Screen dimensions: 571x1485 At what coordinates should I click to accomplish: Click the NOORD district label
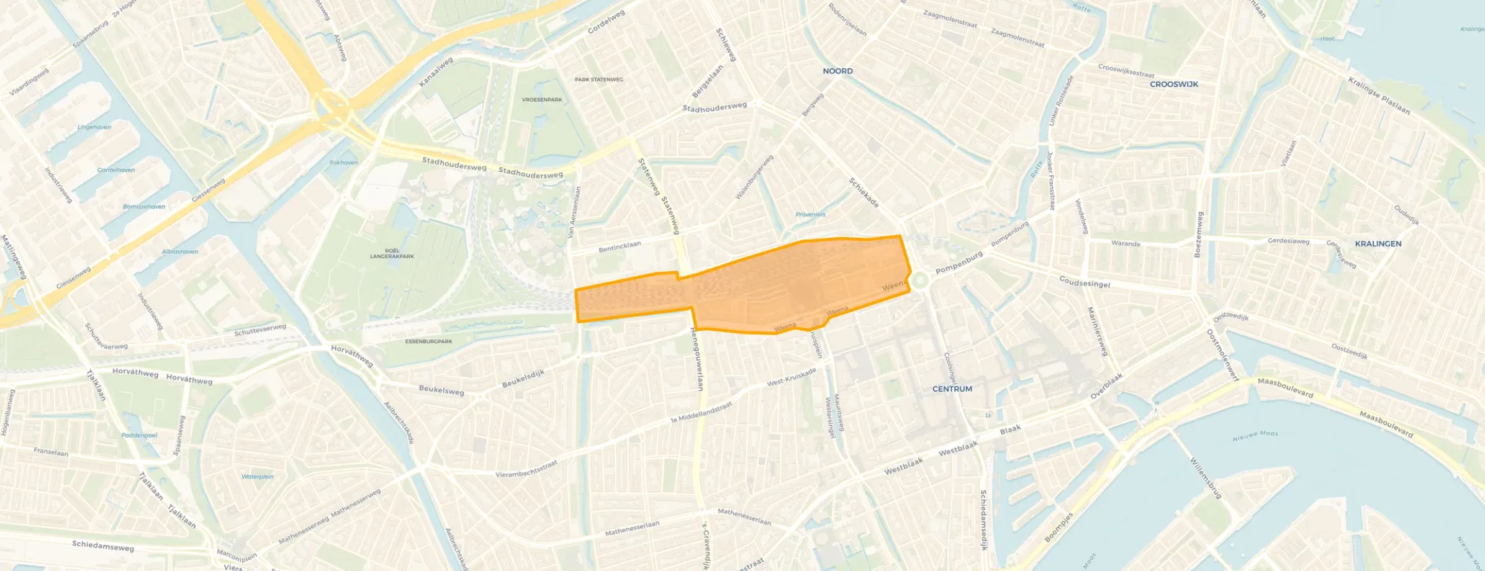tap(837, 71)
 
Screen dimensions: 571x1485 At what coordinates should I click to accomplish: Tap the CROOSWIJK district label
tap(1174, 84)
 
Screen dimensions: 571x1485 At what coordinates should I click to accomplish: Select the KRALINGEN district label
tap(1378, 244)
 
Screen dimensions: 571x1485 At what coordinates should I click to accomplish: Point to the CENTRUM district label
tap(952, 389)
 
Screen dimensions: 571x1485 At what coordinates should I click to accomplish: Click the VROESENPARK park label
tap(542, 100)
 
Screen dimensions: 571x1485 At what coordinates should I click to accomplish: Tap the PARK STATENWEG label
tap(598, 79)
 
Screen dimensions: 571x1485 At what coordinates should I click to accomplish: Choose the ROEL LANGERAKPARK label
tap(392, 254)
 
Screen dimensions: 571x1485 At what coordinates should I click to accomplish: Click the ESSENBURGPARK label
tap(428, 342)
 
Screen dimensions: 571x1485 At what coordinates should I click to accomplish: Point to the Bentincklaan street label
tap(620, 247)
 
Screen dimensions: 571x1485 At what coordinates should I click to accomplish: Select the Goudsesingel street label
tap(1085, 282)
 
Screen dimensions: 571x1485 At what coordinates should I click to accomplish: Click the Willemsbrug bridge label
tap(1206, 478)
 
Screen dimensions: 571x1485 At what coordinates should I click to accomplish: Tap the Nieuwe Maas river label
tap(1255, 436)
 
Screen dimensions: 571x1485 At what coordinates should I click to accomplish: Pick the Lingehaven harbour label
tap(94, 127)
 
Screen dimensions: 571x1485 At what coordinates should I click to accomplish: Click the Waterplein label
tap(257, 477)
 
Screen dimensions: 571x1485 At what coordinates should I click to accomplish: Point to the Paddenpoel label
tap(139, 435)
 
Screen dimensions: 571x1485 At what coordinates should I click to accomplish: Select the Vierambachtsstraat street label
tap(526, 469)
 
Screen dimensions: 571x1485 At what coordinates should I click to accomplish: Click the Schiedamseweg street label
tap(102, 546)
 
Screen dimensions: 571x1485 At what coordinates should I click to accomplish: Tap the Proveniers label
tap(810, 215)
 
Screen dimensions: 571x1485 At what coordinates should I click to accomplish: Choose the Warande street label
tap(1126, 244)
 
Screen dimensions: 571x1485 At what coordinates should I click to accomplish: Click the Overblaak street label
tap(1107, 386)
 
